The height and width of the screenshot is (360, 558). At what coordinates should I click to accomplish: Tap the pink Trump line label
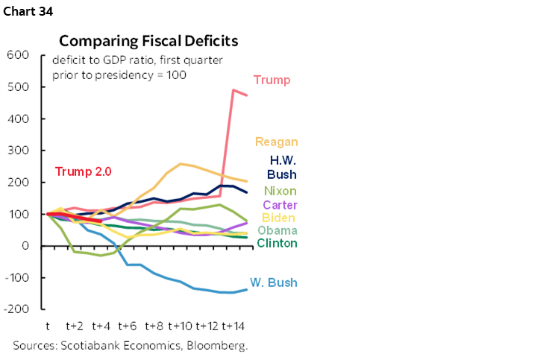(x=272, y=80)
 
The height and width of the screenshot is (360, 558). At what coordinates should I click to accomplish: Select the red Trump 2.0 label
(x=83, y=171)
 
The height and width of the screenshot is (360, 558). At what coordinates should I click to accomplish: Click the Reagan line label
(x=276, y=142)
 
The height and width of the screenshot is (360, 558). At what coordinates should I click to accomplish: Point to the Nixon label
(x=281, y=191)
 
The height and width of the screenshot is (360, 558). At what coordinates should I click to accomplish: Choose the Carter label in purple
(x=280, y=205)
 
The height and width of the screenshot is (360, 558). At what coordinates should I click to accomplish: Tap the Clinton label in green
(x=277, y=243)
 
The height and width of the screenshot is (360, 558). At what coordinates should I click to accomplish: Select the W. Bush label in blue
(x=273, y=282)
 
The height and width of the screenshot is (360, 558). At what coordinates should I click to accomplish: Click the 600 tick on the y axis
(x=18, y=55)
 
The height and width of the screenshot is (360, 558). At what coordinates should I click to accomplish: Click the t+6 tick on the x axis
(x=127, y=326)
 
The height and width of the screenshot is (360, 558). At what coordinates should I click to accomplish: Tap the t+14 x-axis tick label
(x=233, y=326)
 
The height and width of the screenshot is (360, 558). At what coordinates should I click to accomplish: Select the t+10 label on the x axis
(x=181, y=326)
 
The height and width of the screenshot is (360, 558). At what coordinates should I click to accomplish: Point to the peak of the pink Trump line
(x=233, y=90)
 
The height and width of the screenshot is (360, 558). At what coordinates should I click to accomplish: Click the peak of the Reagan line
(x=181, y=163)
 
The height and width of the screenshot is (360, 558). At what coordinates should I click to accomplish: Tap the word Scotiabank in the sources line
(x=91, y=346)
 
